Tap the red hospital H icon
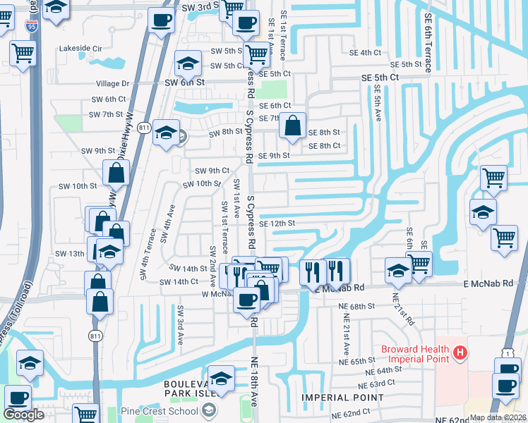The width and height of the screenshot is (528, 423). click(460, 351)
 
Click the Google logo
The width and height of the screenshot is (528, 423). click(23, 415)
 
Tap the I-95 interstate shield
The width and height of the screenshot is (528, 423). click(31, 27)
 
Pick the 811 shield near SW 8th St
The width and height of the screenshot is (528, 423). click(144, 128)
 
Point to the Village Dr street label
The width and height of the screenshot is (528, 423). click(112, 83)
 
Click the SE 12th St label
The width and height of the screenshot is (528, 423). click(276, 223)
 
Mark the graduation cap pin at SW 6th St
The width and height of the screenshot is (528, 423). click(188, 64)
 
